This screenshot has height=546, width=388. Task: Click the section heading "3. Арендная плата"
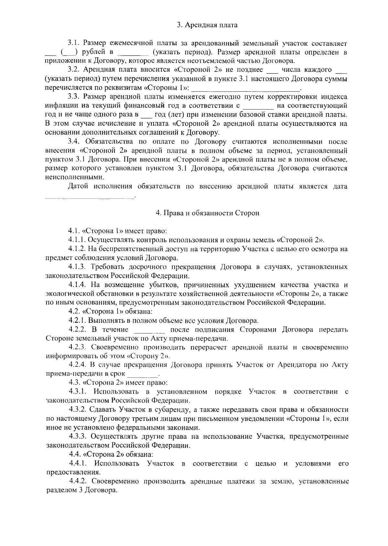[207, 25]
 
